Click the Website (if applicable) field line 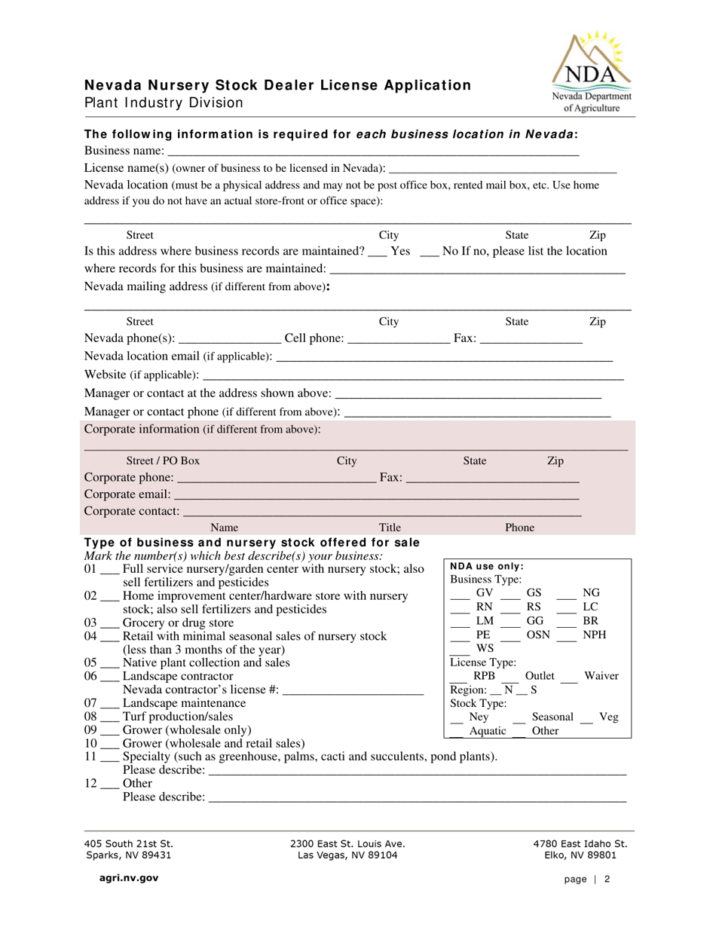[x=413, y=375]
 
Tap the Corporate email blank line [x=376, y=495]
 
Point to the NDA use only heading [x=487, y=567]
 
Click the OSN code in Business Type [x=538, y=635]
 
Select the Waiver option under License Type [x=601, y=676]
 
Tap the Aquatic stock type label [x=488, y=730]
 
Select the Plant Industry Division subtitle [x=164, y=102]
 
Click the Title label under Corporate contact [x=390, y=528]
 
